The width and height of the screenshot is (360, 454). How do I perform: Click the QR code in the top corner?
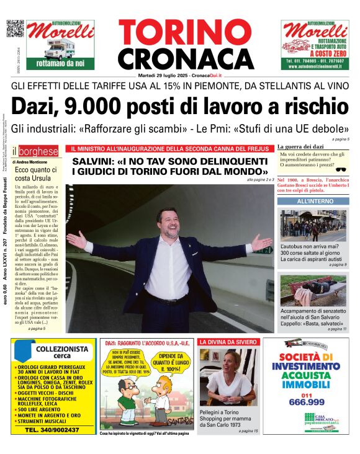click(x=15, y=29)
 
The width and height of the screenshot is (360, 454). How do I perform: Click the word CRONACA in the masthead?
click(x=177, y=59)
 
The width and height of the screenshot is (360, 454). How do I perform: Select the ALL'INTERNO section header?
click(x=311, y=202)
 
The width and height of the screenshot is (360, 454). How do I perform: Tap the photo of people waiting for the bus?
click(x=312, y=226)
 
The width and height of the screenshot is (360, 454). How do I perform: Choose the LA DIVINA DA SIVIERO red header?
click(x=227, y=342)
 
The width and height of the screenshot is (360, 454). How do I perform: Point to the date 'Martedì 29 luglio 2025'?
click(x=163, y=75)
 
